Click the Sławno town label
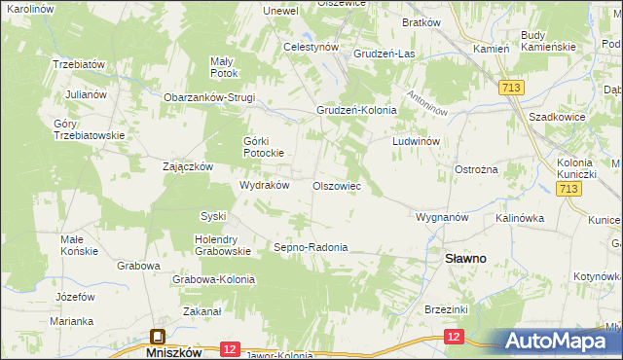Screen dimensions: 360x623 pyautogui.click(x=466, y=259)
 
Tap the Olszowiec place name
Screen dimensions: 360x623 pyautogui.click(x=337, y=185)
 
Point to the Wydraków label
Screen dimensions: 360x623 pyautogui.click(x=265, y=185)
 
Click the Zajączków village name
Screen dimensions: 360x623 pyautogui.click(x=188, y=166)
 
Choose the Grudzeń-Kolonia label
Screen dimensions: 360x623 pyautogui.click(x=355, y=110)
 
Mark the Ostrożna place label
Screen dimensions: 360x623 pyautogui.click(x=477, y=168)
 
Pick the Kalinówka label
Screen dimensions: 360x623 pyautogui.click(x=519, y=218)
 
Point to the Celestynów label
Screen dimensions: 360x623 pyautogui.click(x=311, y=46)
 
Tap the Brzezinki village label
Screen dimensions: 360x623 pyautogui.click(x=447, y=308)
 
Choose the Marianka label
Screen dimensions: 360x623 pyautogui.click(x=72, y=320)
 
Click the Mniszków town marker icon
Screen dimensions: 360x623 pyautogui.click(x=158, y=338)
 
